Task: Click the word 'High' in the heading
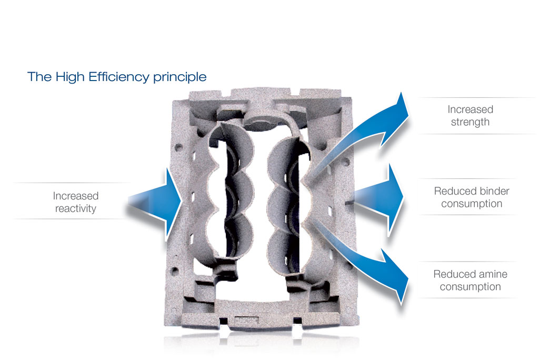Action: coord(70,77)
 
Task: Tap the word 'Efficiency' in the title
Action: coord(119,77)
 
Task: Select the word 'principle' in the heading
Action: coord(180,77)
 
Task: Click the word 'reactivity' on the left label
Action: coord(76,208)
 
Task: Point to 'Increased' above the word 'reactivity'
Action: coord(76,196)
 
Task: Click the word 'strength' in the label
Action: coord(470,122)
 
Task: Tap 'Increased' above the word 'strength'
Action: coord(470,109)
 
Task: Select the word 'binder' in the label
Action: coord(493,191)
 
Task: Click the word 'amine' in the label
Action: coord(492,274)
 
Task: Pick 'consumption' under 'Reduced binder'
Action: coord(472,204)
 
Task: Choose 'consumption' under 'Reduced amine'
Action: coord(470,287)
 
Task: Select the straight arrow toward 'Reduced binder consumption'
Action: coord(378,199)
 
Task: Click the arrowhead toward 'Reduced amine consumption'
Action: coord(395,275)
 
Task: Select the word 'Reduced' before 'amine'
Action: coord(453,274)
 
